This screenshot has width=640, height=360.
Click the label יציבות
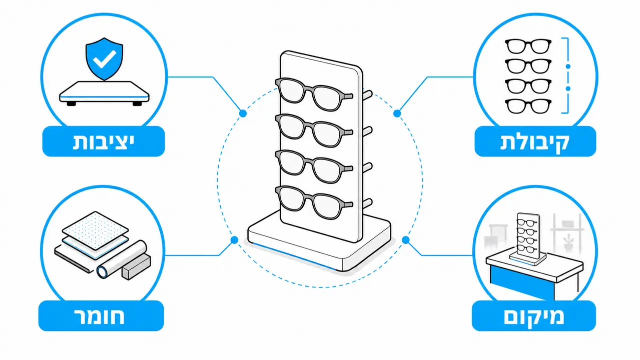click(x=104, y=141)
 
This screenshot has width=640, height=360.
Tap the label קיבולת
click(x=535, y=141)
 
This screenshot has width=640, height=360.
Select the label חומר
click(x=100, y=316)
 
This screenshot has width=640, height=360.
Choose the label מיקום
click(x=534, y=316)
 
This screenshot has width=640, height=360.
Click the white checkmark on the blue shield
click(x=105, y=59)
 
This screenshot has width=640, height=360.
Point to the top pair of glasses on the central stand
click(x=314, y=94)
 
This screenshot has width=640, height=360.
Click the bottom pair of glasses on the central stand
click(x=314, y=202)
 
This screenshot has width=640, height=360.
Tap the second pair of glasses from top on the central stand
click(x=314, y=130)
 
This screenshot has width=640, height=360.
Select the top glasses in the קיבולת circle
click(x=528, y=46)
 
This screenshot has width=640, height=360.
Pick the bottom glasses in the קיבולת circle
click(x=528, y=106)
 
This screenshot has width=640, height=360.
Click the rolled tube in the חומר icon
click(x=122, y=259)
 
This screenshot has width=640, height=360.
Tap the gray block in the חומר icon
click(x=136, y=267)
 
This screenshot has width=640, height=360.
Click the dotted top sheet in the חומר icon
click(x=95, y=230)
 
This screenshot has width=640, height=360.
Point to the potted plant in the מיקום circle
click(x=568, y=242)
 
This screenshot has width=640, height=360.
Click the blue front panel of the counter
click(x=522, y=282)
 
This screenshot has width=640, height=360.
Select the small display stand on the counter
click(x=528, y=238)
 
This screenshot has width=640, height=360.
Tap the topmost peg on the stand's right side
click(x=367, y=95)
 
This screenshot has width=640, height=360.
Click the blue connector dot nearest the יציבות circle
click(x=243, y=113)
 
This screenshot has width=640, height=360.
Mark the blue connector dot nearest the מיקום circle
click(x=406, y=240)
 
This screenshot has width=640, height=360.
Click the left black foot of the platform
click(x=71, y=103)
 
